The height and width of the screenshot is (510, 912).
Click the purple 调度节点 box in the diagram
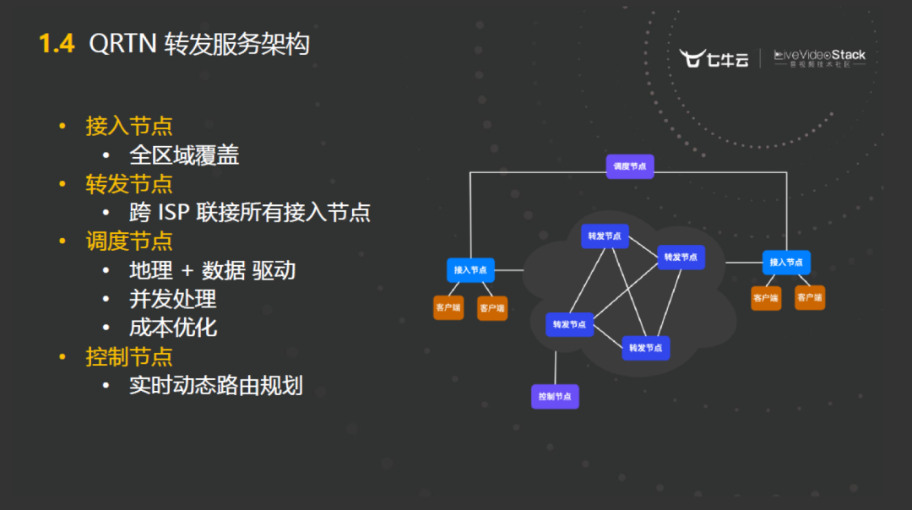(630, 166)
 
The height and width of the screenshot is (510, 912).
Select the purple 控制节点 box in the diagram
(555, 396)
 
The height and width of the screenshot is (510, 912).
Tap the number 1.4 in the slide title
(57, 44)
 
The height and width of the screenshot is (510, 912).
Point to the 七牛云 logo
(714, 58)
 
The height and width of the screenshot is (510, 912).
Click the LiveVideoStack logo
(819, 58)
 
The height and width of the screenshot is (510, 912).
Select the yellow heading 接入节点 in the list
(129, 127)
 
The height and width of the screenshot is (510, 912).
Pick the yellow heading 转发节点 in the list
(129, 184)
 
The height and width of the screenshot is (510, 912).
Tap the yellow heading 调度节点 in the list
(129, 241)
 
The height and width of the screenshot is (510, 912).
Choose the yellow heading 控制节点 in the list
(129, 356)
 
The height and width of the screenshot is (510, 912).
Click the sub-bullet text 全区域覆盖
(184, 155)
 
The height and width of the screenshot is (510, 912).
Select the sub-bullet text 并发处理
(173, 299)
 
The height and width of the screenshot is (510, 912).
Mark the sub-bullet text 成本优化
(173, 328)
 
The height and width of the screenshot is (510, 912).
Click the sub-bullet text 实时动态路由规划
(216, 386)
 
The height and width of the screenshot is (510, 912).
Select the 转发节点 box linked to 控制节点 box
(570, 324)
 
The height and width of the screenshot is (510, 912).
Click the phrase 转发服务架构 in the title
(237, 44)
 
